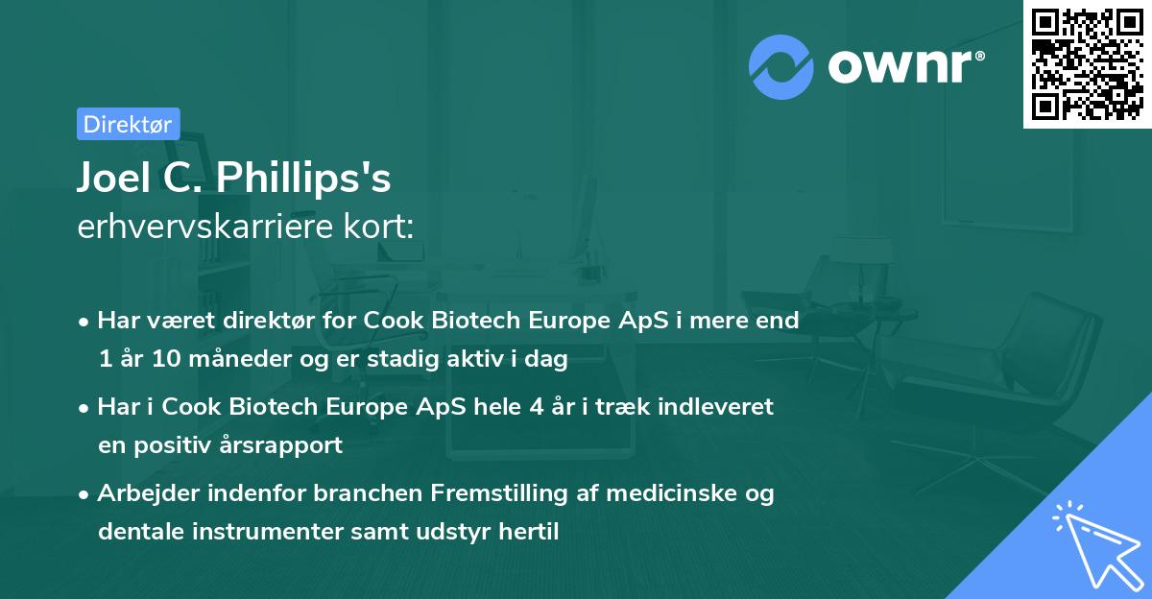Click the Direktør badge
pos(128,124)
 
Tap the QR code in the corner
pos(1087,63)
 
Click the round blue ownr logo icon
pos(781,66)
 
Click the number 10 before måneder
pos(150,360)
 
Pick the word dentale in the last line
pos(134,532)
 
